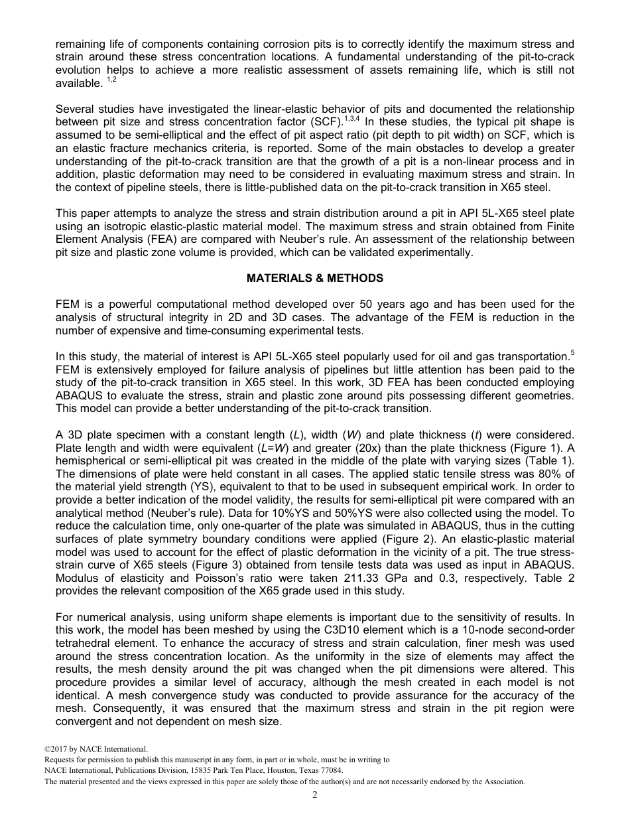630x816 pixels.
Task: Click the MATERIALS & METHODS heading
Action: click(315, 279)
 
